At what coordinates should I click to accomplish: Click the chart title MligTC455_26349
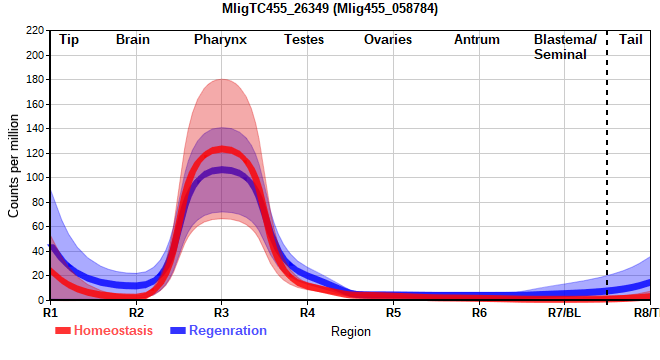coord(330,8)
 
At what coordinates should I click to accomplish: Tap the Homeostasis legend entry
coord(104,331)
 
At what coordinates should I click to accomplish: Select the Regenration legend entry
coord(218,331)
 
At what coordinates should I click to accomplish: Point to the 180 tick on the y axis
coord(35,80)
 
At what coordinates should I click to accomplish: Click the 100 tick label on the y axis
coord(35,178)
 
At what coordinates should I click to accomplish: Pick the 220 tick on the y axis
coord(35,30)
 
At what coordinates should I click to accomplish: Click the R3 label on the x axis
coord(221,313)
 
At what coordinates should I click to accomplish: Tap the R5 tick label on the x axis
coord(394,313)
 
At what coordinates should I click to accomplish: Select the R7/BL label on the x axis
coord(564,313)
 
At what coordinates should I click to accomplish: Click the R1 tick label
coord(50,313)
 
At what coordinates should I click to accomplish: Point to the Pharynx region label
coord(220,40)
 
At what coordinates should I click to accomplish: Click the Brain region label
coord(133,39)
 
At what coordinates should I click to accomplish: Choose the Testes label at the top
coord(304,39)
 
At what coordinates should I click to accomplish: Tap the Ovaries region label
coord(388,39)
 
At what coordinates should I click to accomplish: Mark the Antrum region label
coord(477,39)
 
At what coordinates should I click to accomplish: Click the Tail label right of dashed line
coord(631,39)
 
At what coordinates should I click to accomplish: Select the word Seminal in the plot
coord(560,54)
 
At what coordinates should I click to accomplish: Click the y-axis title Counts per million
coord(13,166)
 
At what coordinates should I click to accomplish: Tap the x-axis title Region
coord(351,331)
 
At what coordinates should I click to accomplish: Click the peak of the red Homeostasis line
coord(221,149)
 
